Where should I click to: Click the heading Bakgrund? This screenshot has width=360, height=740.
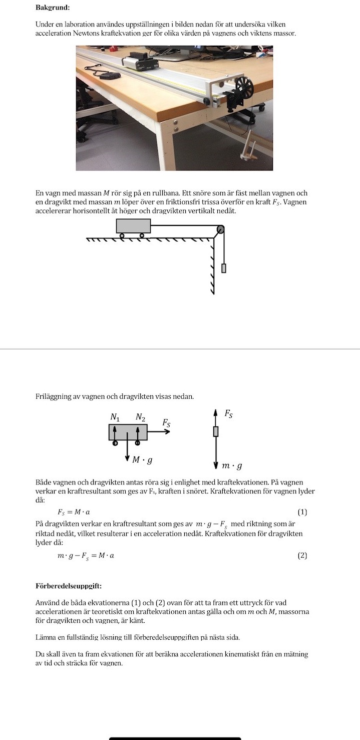[53, 8]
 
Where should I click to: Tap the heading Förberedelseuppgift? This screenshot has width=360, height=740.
[69, 585]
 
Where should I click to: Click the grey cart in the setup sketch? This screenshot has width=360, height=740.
[133, 226]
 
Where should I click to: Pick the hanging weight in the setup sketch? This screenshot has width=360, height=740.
[224, 268]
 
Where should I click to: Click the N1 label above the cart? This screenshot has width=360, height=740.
[115, 416]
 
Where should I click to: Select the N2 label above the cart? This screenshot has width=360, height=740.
[140, 416]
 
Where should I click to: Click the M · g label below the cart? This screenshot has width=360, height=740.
[142, 459]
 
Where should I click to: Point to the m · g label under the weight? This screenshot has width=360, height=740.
[233, 466]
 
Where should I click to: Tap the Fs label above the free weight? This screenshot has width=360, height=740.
[228, 414]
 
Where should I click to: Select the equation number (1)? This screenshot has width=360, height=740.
[302, 512]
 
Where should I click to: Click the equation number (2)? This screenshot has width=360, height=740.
[302, 555]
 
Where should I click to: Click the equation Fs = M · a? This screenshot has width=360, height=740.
[74, 512]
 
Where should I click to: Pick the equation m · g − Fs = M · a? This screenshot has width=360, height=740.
[86, 556]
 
